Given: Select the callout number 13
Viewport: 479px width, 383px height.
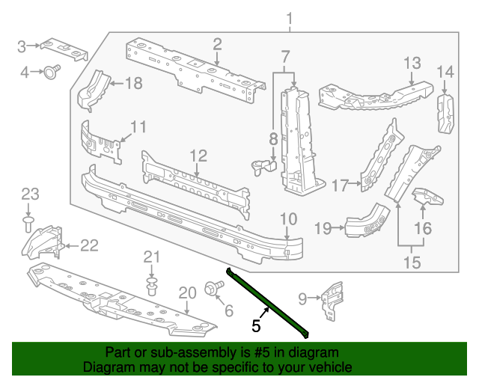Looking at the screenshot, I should coord(413,63).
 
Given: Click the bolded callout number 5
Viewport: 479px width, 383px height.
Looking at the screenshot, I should coord(256,325).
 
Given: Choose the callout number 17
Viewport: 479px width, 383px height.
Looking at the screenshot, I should coord(341,184).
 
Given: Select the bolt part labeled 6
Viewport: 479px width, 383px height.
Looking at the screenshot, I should coord(210,287).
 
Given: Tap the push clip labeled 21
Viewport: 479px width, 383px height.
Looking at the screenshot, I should coord(153,286).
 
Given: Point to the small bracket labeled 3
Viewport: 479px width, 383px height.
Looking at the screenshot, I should coord(64,48).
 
